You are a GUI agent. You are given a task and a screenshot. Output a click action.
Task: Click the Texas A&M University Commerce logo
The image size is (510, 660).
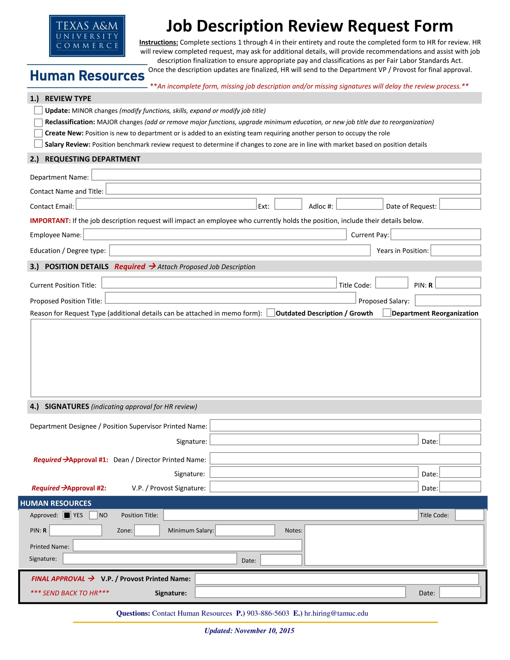point(87,36)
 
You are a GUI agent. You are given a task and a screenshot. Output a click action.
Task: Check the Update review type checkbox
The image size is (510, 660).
point(38,110)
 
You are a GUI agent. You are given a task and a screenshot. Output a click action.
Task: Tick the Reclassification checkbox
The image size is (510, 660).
point(38,122)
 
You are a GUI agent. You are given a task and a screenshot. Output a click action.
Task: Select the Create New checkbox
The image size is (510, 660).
point(38,133)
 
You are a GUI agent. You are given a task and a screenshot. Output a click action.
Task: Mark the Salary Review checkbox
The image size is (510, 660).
point(38,143)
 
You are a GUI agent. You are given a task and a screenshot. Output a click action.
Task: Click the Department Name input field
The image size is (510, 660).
point(286,175)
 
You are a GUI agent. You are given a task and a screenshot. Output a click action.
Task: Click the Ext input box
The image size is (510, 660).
point(288,204)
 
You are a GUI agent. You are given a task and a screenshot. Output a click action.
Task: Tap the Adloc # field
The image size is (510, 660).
point(359,204)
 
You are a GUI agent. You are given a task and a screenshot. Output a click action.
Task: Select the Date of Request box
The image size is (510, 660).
point(460,204)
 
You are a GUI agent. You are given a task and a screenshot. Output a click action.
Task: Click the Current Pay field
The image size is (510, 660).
point(435,235)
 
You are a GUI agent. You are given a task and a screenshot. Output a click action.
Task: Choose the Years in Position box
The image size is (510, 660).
point(455,250)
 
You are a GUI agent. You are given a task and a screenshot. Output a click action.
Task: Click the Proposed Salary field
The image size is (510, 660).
point(448,300)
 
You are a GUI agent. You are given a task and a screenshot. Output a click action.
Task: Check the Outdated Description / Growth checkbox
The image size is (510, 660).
point(271,313)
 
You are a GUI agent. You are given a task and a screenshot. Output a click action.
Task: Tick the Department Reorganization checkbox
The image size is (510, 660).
point(386,313)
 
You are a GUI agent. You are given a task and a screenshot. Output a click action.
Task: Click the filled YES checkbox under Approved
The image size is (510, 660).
point(67,515)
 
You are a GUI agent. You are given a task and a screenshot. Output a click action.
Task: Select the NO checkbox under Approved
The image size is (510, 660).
point(93,515)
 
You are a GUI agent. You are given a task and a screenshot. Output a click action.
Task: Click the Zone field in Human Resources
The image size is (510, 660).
point(147,530)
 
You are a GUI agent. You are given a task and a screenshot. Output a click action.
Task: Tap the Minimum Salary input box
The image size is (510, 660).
point(245,530)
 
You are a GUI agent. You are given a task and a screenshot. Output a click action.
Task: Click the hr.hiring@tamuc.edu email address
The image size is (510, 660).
point(336,613)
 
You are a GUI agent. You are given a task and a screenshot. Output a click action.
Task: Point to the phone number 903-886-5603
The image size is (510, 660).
point(268,613)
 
